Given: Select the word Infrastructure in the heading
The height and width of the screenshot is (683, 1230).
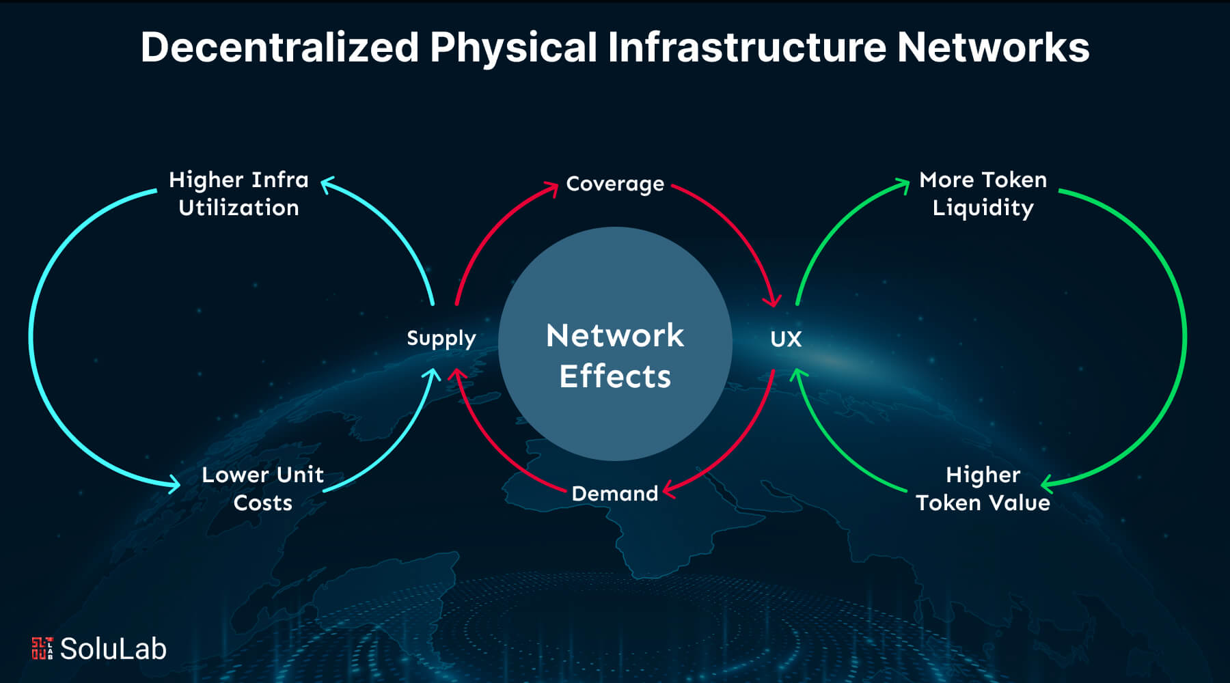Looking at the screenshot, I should click(x=746, y=48).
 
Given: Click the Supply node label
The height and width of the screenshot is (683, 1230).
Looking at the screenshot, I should click(x=441, y=339).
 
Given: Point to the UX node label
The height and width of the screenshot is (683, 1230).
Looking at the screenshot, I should click(x=786, y=339).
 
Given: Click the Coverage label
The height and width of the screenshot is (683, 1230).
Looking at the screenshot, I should click(x=614, y=184).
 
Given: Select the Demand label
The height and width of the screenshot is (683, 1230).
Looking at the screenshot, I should click(x=614, y=493).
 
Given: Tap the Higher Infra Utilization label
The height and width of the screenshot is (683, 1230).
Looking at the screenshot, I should click(x=238, y=194).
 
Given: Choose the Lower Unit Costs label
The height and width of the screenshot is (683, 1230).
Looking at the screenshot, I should click(x=262, y=488).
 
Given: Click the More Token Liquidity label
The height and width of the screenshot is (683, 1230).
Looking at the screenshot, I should click(x=983, y=194).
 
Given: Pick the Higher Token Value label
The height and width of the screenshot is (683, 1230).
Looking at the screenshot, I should click(x=983, y=488).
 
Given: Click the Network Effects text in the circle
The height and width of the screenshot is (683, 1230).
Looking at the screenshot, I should click(x=614, y=355).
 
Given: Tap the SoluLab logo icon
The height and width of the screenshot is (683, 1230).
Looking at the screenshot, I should click(x=42, y=648).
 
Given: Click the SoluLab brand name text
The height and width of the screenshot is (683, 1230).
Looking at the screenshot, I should click(x=113, y=649).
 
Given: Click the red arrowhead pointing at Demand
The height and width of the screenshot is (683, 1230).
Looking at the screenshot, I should click(x=669, y=488).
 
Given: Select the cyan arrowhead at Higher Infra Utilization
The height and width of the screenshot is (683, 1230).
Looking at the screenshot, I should click(x=327, y=184).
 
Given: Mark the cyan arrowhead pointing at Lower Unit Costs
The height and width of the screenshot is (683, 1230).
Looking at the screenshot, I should click(x=174, y=484).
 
